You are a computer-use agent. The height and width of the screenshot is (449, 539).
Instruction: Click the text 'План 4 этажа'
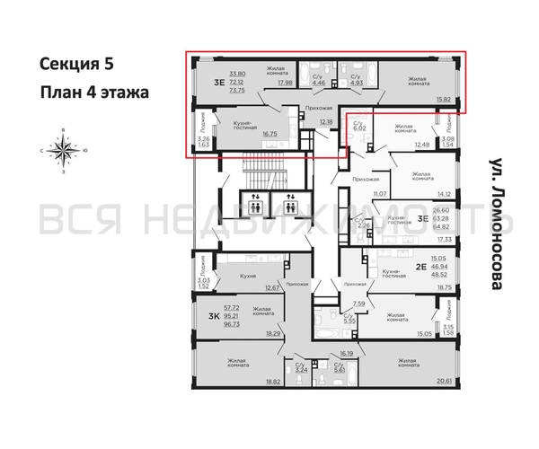tap(92, 92)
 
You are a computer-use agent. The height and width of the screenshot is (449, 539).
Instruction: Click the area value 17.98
tap(287, 83)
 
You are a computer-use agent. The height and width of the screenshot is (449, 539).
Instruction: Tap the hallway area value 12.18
tap(325, 121)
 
